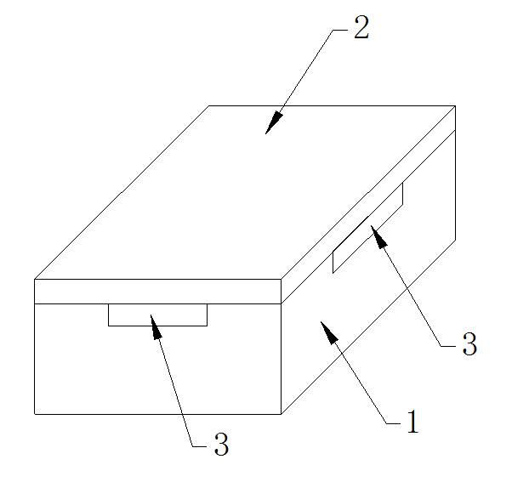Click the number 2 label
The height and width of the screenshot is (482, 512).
click(361, 27)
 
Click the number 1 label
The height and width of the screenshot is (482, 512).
click(412, 421)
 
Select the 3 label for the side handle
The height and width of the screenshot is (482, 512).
click(469, 343)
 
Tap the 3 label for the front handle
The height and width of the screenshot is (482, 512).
click(221, 444)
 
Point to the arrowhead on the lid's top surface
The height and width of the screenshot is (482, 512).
click(274, 122)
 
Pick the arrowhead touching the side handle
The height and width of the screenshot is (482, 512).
click(378, 236)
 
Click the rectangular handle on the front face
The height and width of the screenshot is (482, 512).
click(157, 315)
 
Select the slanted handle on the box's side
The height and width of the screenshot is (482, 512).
click(367, 228)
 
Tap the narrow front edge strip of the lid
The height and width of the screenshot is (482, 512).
click(157, 292)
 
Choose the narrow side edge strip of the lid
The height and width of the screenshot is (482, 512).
click(368, 205)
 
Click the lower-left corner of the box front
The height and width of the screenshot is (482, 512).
click(35, 414)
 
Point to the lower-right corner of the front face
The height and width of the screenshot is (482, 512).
click(282, 414)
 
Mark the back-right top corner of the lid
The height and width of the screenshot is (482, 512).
click(455, 105)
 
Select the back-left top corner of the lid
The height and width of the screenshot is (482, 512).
click(209, 105)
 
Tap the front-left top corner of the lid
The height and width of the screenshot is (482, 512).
click(35, 279)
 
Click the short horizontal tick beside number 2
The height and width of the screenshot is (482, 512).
click(340, 30)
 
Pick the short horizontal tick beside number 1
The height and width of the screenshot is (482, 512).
click(393, 423)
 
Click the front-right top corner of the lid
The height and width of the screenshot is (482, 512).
click(282, 279)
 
